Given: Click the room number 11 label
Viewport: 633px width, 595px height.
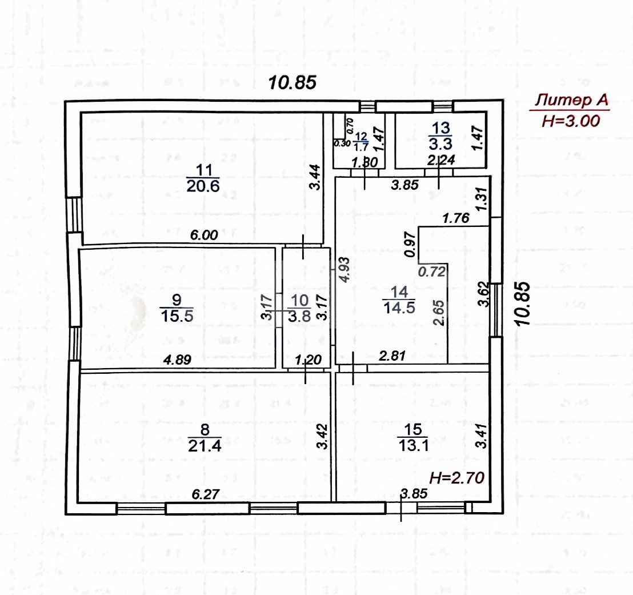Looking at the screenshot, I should point(203,170).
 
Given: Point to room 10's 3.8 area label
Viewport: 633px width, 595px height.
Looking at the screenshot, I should point(301,316).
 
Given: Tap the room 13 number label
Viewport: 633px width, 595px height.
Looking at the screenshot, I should point(442,127).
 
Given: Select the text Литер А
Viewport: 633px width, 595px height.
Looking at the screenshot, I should point(569,101).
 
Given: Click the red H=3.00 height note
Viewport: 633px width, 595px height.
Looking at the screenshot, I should point(569,121).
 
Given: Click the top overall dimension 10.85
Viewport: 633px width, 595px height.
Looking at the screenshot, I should point(293,82).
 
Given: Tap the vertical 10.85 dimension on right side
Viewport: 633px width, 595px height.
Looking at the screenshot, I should point(523,304).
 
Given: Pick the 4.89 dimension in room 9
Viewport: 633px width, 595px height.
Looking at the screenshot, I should point(178,360).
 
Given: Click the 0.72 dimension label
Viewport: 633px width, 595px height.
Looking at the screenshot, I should point(431,272).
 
